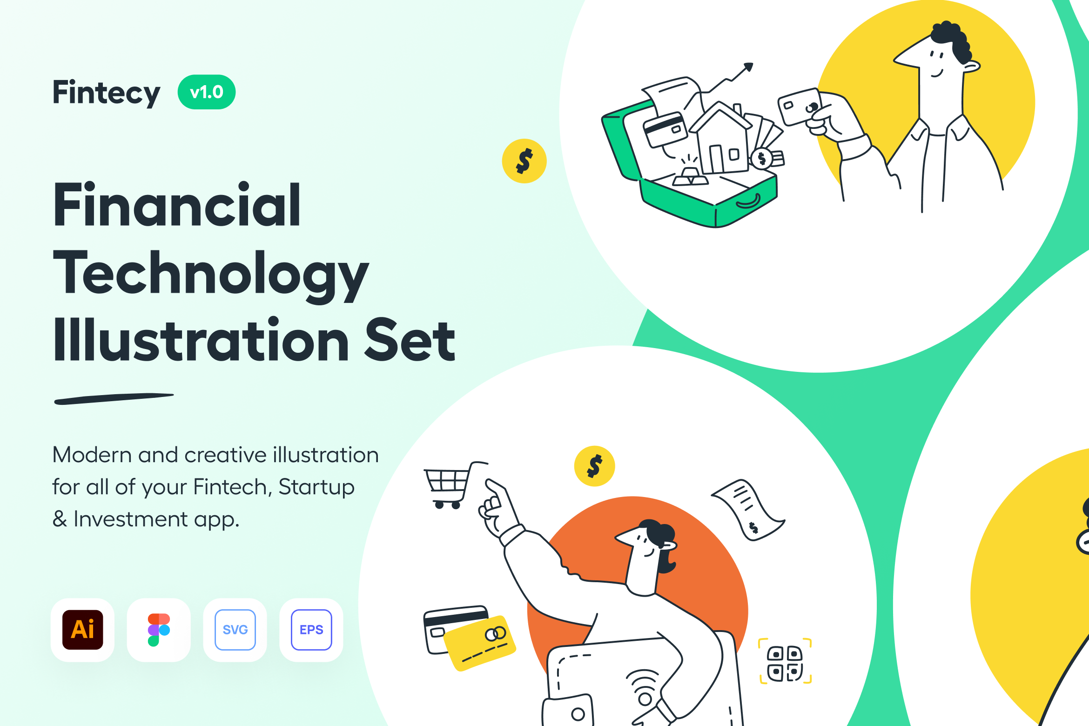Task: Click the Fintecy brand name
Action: click(107, 93)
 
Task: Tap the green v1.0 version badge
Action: click(207, 92)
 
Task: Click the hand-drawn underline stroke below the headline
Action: click(114, 399)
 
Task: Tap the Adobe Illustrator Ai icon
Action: click(83, 630)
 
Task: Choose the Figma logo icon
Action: click(159, 630)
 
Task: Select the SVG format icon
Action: click(235, 630)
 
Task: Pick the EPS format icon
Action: click(311, 630)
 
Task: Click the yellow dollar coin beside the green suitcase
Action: click(524, 161)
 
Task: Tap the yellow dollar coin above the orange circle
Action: click(595, 466)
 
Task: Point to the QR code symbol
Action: click(785, 661)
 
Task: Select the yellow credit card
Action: click(479, 643)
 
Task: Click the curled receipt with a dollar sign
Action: click(748, 510)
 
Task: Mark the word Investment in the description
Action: click(131, 519)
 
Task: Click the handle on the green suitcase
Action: click(748, 202)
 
